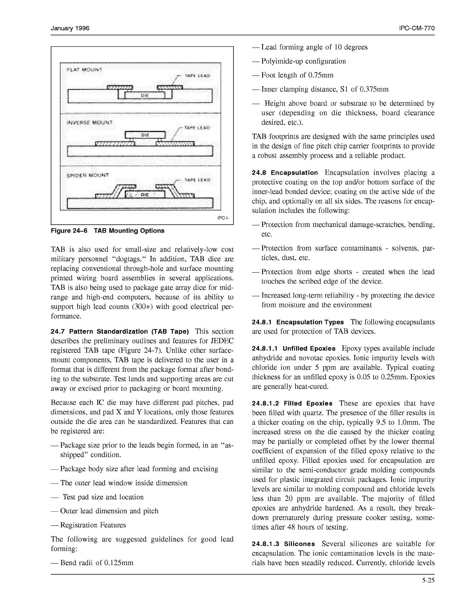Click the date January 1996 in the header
point(70,29)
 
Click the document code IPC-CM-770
point(417,29)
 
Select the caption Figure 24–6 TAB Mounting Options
point(107,231)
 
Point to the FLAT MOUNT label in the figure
point(84,70)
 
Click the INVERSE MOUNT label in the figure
point(89,123)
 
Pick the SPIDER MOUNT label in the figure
point(87,176)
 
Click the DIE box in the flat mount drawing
point(145,95)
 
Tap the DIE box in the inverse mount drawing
point(145,135)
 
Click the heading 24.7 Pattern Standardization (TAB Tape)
point(120,331)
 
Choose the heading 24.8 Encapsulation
point(285,173)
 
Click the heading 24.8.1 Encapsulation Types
point(298,322)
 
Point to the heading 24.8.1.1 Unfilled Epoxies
point(293,349)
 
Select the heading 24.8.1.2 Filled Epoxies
point(292,403)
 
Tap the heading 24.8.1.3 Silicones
point(283,544)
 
